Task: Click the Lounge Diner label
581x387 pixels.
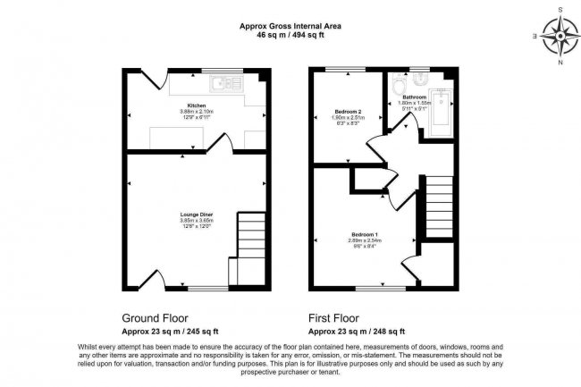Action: (196, 215)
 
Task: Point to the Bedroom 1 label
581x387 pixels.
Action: (364, 234)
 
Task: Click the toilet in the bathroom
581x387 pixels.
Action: (400, 88)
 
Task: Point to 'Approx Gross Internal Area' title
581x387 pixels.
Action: (290, 26)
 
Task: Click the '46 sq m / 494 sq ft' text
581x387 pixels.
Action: (290, 36)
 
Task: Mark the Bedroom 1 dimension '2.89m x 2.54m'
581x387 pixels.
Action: (364, 240)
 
